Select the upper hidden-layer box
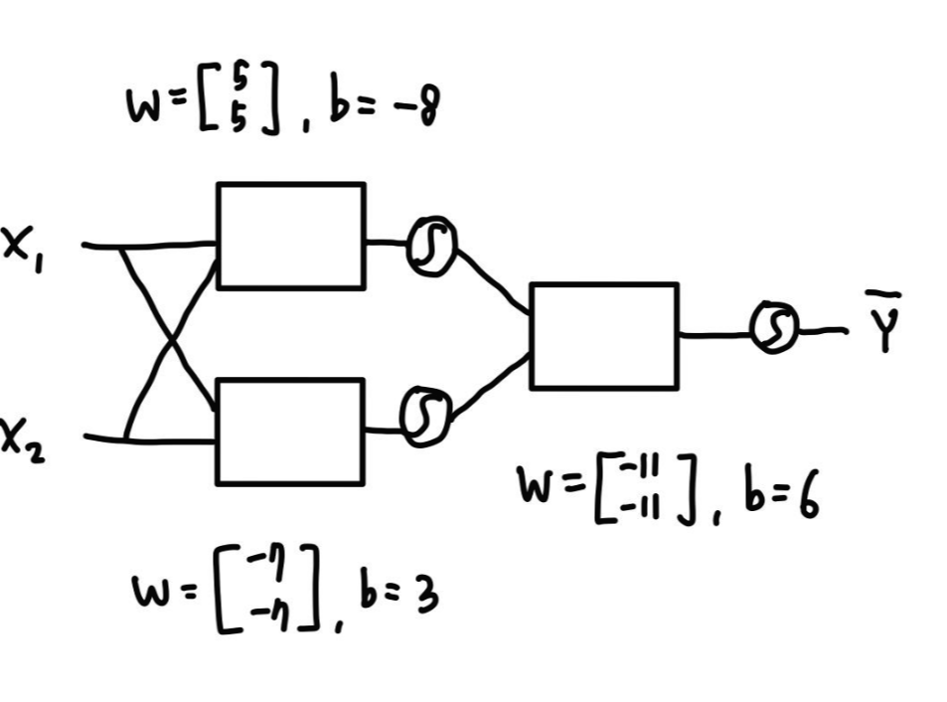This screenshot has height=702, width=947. point(290,236)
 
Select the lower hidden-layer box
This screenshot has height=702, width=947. point(289,432)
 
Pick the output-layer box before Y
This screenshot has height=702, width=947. point(604,335)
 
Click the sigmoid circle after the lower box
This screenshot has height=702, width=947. point(427,412)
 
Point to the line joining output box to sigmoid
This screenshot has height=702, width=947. point(715,335)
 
